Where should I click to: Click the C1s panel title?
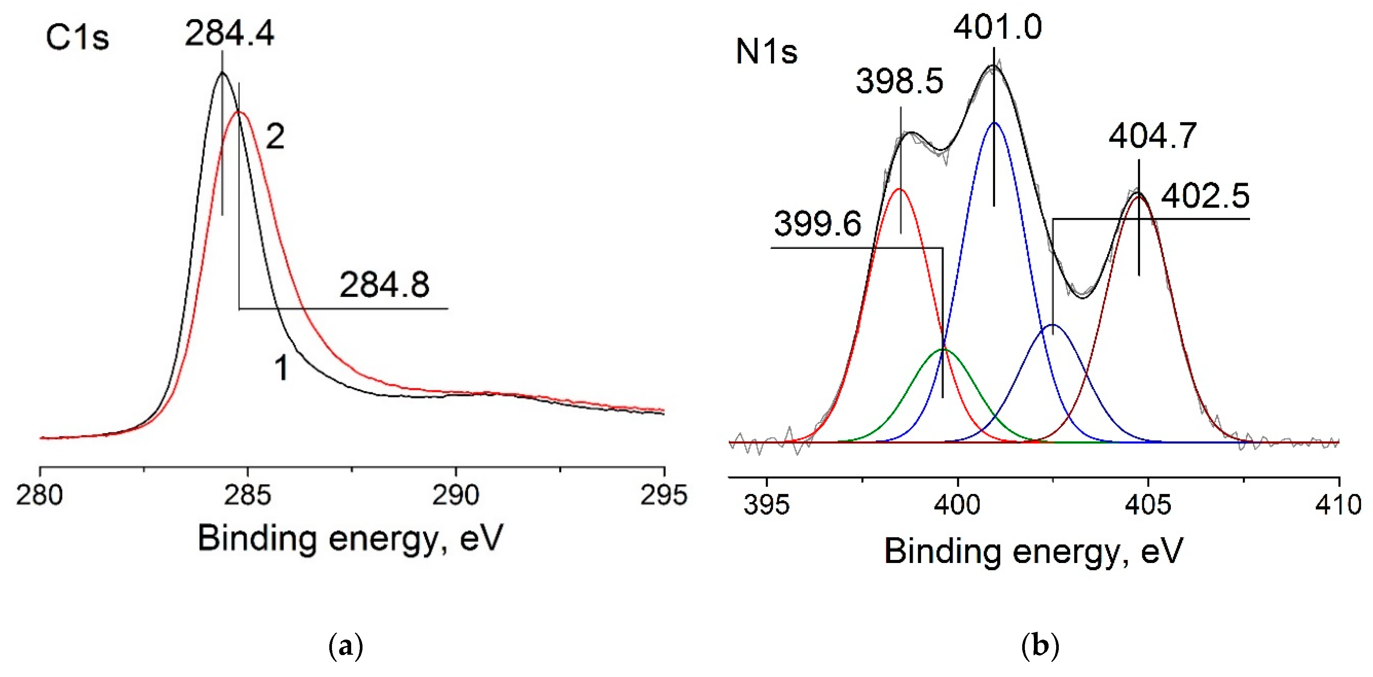click(x=77, y=38)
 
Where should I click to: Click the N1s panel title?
click(x=766, y=52)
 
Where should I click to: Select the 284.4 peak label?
click(x=229, y=33)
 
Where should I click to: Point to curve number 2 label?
click(x=275, y=137)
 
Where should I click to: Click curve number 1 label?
click(x=281, y=368)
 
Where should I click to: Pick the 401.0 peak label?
click(x=997, y=27)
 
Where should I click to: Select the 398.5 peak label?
click(x=899, y=82)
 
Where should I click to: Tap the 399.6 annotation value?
click(x=817, y=224)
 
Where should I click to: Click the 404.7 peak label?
click(x=1152, y=136)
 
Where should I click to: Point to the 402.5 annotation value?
click(x=1205, y=196)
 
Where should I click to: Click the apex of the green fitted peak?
click(x=943, y=349)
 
